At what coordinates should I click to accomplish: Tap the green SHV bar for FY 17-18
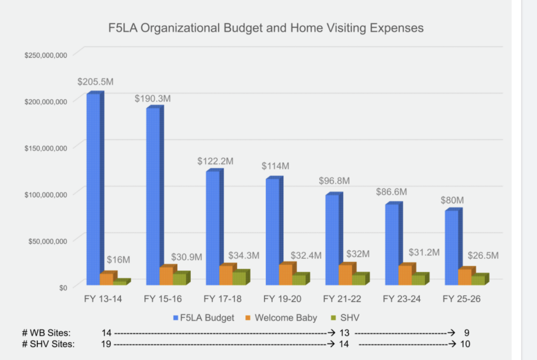pyautogui.click(x=241, y=277)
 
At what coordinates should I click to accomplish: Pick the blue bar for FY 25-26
pyautogui.click(x=454, y=246)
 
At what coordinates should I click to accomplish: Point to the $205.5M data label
pyautogui.click(x=95, y=82)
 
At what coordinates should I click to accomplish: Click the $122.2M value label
pyautogui.click(x=215, y=161)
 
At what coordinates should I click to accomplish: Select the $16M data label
pyautogui.click(x=118, y=260)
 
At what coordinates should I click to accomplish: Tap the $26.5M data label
pyautogui.click(x=483, y=256)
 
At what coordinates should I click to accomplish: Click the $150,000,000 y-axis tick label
pyautogui.click(x=46, y=148)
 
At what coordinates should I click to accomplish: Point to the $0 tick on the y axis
pyautogui.click(x=63, y=288)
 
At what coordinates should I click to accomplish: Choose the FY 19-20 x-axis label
pyautogui.click(x=282, y=299)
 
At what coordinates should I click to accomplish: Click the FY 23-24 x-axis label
pyautogui.click(x=402, y=299)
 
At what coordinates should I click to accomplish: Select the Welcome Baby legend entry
pyautogui.click(x=281, y=318)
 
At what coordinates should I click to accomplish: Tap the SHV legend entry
pyautogui.click(x=345, y=318)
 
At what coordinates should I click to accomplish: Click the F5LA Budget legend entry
pyautogui.click(x=204, y=318)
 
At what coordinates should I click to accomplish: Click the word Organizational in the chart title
pyautogui.click(x=180, y=28)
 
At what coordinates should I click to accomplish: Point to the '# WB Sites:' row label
pyautogui.click(x=46, y=333)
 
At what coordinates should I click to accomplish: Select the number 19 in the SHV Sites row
pyautogui.click(x=106, y=344)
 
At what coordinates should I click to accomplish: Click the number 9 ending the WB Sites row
pyautogui.click(x=466, y=333)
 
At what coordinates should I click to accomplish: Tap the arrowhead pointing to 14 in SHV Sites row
pyautogui.click(x=331, y=344)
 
